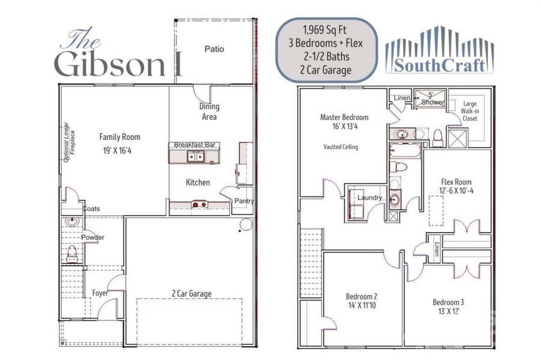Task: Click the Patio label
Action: pyautogui.click(x=214, y=49)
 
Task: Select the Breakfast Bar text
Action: pyautogui.click(x=195, y=145)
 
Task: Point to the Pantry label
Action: pyautogui.click(x=244, y=201)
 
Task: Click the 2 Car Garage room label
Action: pyautogui.click(x=191, y=293)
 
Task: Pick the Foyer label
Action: pyautogui.click(x=100, y=293)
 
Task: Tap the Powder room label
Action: pyautogui.click(x=94, y=238)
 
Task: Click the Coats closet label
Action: pyautogui.click(x=92, y=209)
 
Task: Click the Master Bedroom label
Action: pyautogui.click(x=344, y=117)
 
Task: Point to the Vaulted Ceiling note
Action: pyautogui.click(x=340, y=146)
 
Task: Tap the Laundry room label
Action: pyautogui.click(x=369, y=197)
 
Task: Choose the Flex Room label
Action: pyautogui.click(x=456, y=182)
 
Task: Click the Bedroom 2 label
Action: pyautogui.click(x=361, y=296)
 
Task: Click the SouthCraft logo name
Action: pyautogui.click(x=440, y=65)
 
